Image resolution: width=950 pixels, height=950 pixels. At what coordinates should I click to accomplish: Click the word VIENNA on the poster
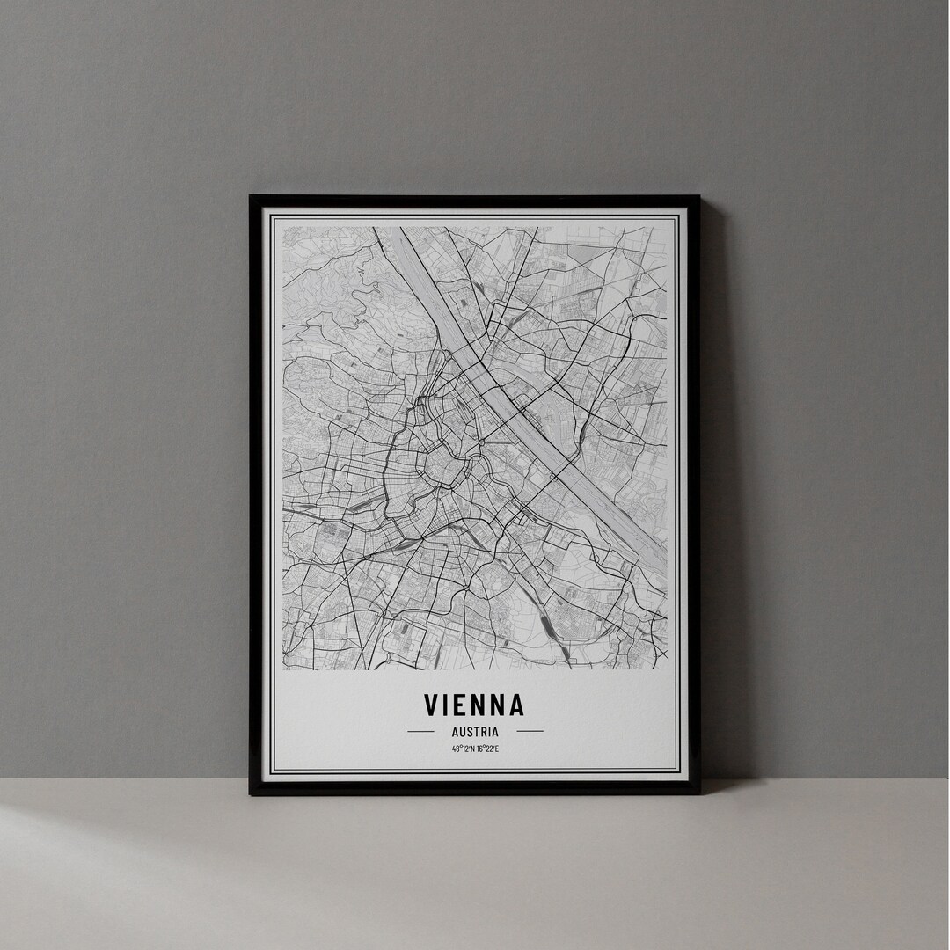coord(474,705)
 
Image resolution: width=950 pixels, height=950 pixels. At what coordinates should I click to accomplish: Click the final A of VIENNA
coord(515,705)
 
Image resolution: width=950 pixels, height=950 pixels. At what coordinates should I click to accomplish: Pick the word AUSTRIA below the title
coord(475,731)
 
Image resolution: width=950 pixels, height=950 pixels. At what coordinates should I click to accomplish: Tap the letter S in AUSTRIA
coord(467,731)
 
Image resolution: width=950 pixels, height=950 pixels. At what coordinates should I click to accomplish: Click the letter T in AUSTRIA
coord(475,731)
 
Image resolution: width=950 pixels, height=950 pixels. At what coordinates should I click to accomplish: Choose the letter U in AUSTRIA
coord(459,731)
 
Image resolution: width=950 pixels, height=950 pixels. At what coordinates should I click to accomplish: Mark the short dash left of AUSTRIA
coord(420,731)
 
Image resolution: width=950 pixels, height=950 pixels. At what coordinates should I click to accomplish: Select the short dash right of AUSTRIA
coord(530,731)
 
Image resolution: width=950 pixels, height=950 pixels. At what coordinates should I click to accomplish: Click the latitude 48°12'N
coord(463,749)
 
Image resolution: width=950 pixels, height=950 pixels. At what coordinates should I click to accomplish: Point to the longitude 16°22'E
coord(486,749)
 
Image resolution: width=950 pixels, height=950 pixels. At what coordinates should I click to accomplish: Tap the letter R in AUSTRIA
coord(483,731)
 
